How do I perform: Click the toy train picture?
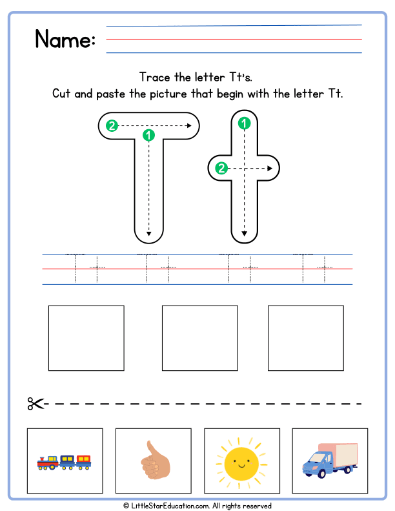(65, 461)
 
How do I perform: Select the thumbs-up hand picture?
(154, 460)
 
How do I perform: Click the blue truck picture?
(330, 461)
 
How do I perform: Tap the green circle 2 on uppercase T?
(112, 126)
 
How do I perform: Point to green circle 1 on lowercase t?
(244, 123)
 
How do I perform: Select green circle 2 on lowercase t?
(221, 169)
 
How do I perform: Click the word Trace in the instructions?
(154, 77)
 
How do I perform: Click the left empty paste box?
(86, 338)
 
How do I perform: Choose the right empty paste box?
(306, 338)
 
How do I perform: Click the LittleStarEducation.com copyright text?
(197, 506)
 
